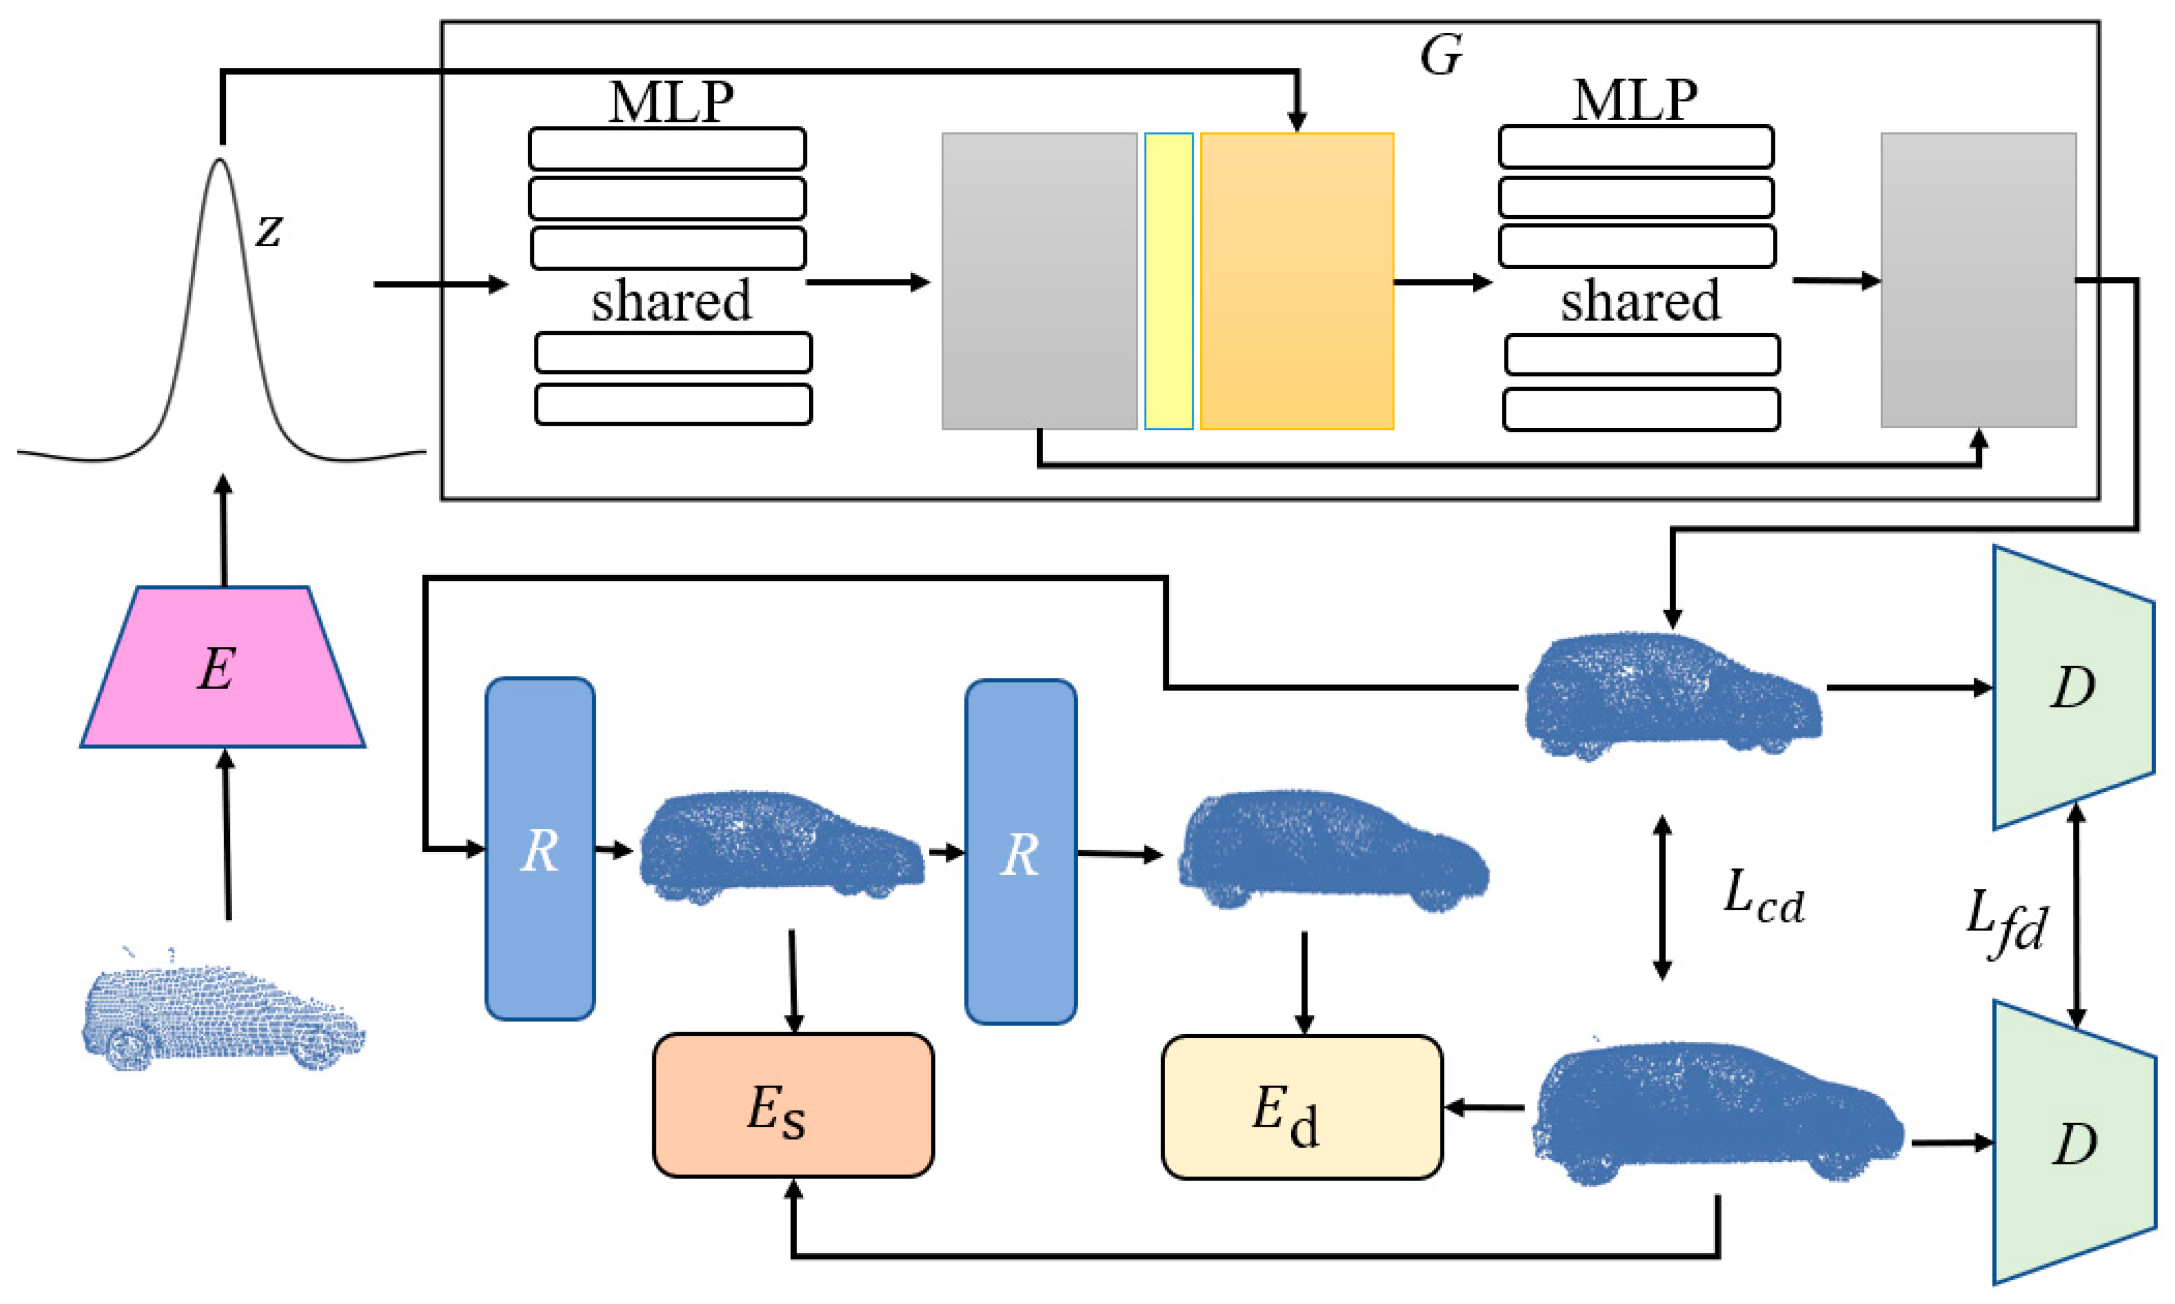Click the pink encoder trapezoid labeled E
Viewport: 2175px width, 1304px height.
point(222,666)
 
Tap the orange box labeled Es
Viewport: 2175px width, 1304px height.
point(793,1105)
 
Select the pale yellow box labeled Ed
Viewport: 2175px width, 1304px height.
point(1302,1106)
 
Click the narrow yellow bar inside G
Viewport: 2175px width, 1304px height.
point(1169,281)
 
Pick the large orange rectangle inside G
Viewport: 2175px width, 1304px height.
point(1297,281)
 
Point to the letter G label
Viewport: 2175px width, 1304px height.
point(1441,55)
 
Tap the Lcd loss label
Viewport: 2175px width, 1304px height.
point(1762,898)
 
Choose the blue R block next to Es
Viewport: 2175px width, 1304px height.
point(540,849)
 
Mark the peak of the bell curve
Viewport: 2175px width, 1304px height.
point(220,159)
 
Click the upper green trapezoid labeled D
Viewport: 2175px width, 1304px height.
point(2073,687)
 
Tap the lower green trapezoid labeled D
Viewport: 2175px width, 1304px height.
point(2074,1142)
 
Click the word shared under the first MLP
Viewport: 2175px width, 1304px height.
point(672,300)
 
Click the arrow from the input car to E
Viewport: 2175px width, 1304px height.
point(227,835)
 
